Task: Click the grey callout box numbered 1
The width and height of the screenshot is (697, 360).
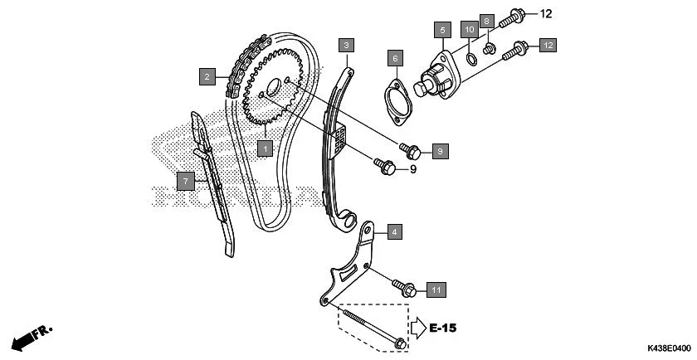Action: tap(265, 148)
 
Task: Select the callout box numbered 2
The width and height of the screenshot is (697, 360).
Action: tap(205, 77)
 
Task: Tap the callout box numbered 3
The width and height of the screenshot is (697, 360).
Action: tap(347, 44)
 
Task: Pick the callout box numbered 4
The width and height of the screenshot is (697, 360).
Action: tap(393, 232)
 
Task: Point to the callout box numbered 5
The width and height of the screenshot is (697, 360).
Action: tap(441, 31)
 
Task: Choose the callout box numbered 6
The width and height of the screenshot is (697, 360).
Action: tap(396, 58)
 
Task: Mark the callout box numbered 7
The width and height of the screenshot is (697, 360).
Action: tap(186, 178)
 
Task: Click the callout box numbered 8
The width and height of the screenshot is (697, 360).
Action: tap(487, 20)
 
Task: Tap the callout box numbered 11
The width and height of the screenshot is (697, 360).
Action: tap(436, 289)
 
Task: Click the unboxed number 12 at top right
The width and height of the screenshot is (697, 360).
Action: tap(545, 14)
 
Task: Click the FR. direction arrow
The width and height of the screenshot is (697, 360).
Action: tap(32, 337)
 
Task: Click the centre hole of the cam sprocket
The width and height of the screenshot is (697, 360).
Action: tap(273, 89)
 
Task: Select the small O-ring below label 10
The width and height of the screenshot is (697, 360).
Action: tap(470, 57)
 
